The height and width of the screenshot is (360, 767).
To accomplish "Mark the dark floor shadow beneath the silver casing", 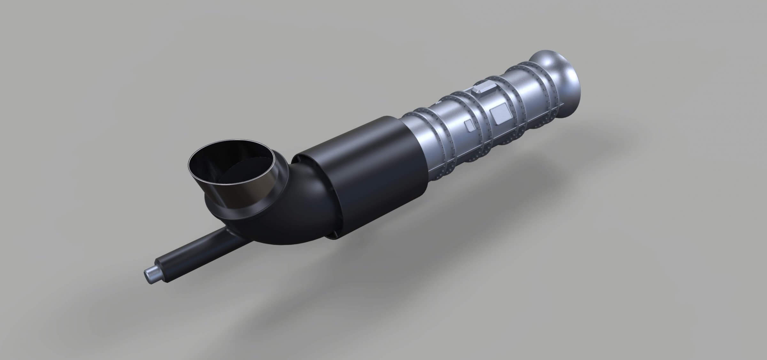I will tap(511, 179).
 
